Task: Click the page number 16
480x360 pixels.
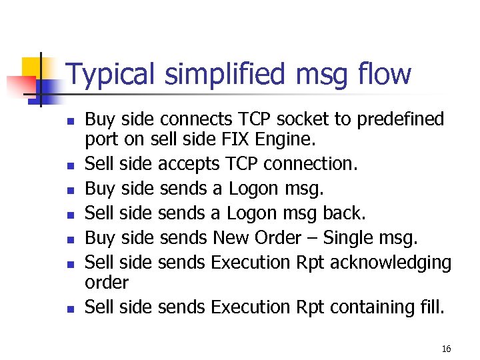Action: pyautogui.click(x=446, y=349)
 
